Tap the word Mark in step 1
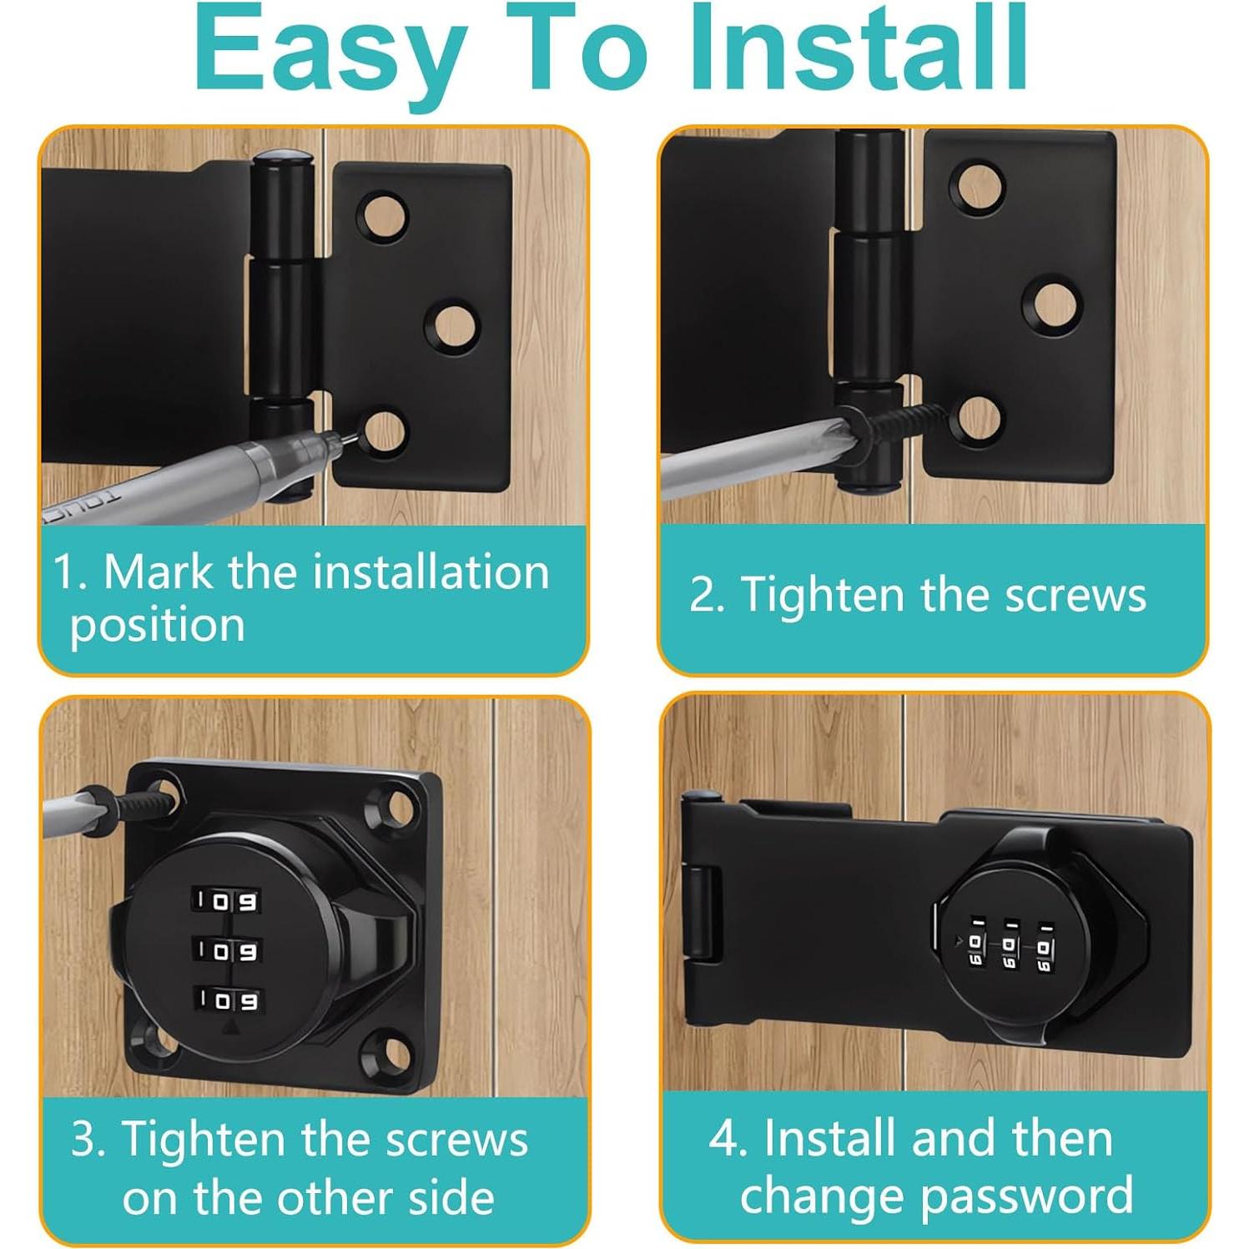coord(158,572)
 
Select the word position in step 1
coord(158,626)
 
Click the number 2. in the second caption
coord(706,596)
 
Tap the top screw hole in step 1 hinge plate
coord(385,216)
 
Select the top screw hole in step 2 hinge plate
coord(980,184)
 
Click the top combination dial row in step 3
coord(226,901)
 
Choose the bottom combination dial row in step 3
coord(226,1000)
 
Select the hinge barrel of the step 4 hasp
coord(700,914)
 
